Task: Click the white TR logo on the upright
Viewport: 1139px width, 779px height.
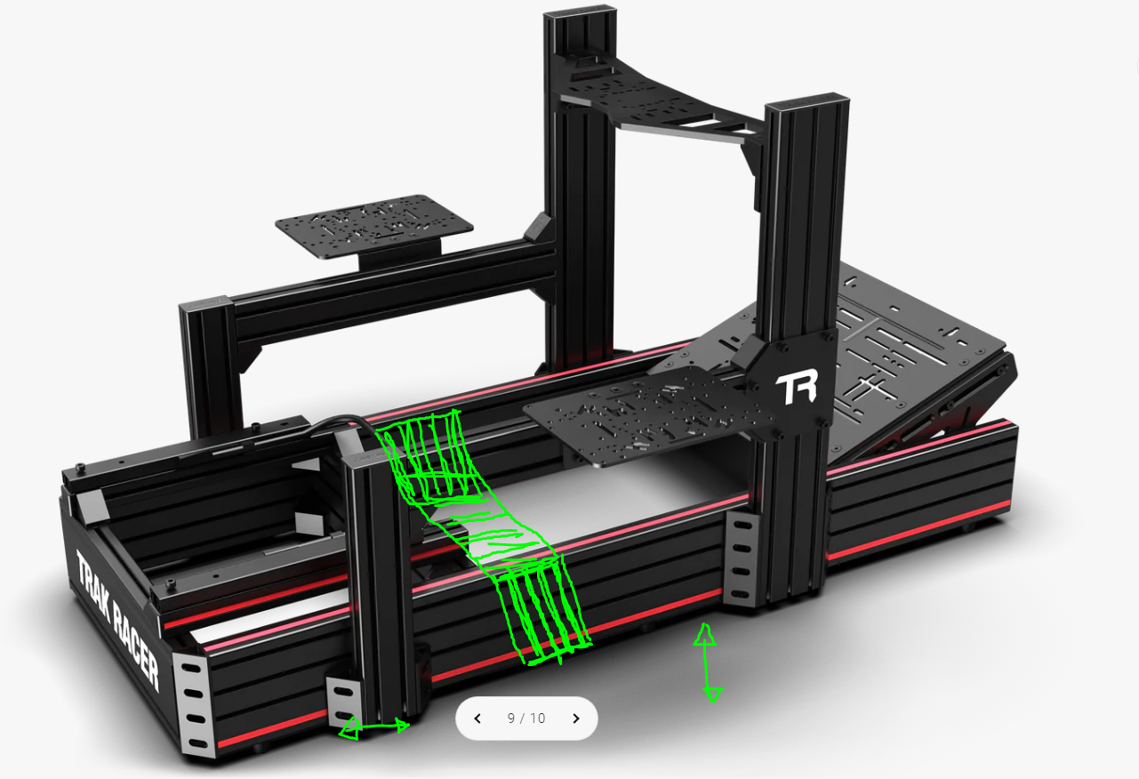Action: point(797,387)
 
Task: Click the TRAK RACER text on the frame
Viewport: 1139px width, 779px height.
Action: point(117,620)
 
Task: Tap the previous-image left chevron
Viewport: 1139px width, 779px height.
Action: point(477,719)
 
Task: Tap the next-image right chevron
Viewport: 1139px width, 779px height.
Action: point(576,719)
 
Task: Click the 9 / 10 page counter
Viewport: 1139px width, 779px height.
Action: point(526,719)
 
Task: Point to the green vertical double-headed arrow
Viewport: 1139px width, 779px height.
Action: point(707,663)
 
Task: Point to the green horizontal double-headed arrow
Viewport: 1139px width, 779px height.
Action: point(374,727)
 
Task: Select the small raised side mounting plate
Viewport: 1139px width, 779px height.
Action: point(374,225)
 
